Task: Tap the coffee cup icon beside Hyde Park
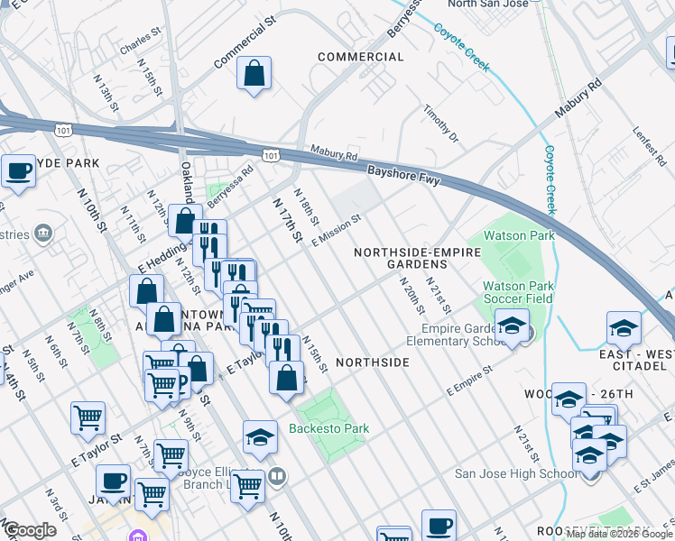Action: [x=17, y=170]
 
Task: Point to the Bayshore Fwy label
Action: [x=403, y=174]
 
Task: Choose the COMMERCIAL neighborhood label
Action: [x=361, y=57]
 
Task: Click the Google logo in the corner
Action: [x=30, y=530]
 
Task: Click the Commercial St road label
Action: [x=244, y=46]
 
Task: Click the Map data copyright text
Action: [x=619, y=534]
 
